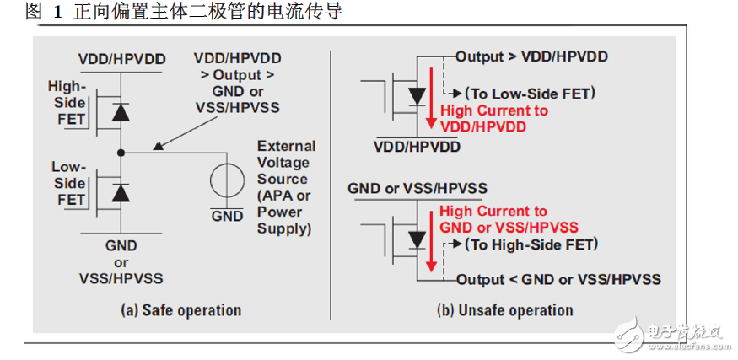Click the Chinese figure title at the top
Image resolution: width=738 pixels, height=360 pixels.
click(173, 13)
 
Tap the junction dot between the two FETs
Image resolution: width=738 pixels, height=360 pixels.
click(122, 153)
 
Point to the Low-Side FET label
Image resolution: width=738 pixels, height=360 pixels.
click(68, 183)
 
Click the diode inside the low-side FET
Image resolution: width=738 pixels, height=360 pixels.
click(122, 192)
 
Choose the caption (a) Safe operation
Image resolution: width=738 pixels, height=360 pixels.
click(182, 309)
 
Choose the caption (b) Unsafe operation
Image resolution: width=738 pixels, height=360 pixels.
click(505, 309)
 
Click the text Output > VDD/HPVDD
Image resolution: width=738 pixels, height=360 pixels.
click(531, 57)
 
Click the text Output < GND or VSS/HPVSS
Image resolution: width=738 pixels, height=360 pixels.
click(558, 279)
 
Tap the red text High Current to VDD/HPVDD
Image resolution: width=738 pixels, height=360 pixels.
click(494, 118)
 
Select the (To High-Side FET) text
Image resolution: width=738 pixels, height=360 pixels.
click(531, 244)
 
